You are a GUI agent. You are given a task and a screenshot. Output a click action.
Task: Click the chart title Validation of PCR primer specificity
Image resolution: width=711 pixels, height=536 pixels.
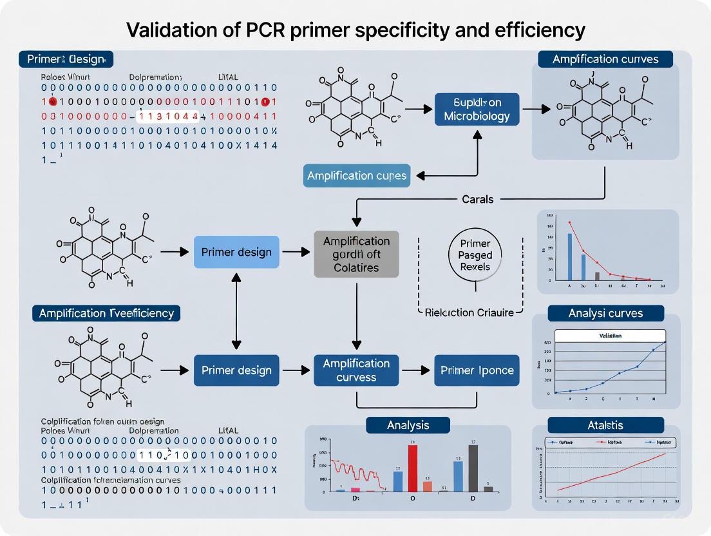355,30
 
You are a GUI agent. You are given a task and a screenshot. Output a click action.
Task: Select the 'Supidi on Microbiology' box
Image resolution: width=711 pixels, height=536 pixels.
477,110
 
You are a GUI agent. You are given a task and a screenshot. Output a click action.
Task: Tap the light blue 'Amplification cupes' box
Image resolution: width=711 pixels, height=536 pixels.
356,176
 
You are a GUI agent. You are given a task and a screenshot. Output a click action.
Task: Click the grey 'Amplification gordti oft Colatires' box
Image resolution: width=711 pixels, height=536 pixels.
355,254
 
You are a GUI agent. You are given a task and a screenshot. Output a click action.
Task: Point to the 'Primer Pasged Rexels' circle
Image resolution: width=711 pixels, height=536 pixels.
475,254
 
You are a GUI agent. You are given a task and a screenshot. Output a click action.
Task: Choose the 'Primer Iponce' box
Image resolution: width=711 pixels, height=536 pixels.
477,370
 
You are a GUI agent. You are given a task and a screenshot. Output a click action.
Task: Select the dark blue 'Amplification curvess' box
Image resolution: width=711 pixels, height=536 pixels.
355,370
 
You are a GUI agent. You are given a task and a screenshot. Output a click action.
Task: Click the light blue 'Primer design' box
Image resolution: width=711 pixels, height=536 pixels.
236,252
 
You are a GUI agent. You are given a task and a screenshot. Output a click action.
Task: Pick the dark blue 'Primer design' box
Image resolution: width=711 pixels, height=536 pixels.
236,370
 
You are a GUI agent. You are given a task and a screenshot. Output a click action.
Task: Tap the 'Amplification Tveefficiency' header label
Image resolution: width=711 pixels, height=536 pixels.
106,313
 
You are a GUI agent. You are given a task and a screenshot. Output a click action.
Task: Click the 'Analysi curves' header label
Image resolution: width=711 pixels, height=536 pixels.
605,314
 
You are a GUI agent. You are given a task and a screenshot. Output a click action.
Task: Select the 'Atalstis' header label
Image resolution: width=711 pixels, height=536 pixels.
605,425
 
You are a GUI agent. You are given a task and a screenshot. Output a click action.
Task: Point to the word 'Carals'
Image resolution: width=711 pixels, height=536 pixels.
477,199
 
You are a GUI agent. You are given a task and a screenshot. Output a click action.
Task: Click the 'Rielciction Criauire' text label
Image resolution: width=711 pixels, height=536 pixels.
469,312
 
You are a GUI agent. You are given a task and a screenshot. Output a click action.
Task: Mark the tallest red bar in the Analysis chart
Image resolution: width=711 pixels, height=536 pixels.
413,468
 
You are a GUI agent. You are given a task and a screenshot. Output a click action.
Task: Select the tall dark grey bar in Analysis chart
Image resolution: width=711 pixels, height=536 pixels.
473,468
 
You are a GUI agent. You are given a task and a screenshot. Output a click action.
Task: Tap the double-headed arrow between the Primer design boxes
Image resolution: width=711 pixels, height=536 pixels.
236,311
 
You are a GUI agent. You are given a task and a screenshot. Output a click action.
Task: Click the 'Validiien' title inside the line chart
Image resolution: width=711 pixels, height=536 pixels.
609,336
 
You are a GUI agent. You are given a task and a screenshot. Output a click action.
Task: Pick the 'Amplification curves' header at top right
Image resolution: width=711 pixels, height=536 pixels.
605,59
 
